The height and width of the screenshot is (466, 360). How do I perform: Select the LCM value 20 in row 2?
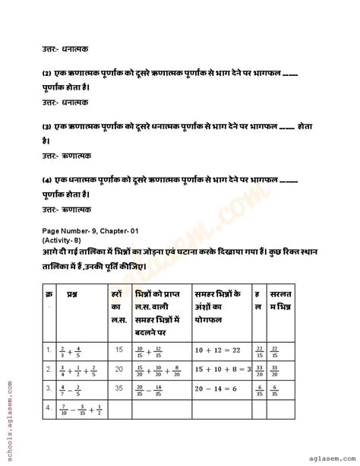pos(116,368)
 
